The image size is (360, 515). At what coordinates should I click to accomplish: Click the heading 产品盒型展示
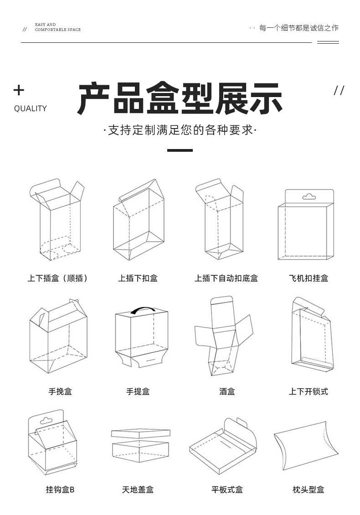[x=180, y=98]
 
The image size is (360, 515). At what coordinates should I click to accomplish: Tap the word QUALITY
[x=30, y=108]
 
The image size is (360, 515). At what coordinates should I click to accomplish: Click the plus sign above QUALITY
[x=19, y=90]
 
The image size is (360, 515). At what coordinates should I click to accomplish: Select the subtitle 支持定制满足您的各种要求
[x=180, y=130]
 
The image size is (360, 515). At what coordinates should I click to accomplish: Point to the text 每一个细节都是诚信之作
[x=299, y=28]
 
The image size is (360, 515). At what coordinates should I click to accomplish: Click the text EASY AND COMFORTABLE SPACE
[x=57, y=27]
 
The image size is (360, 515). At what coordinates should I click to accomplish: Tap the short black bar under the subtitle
[x=180, y=150]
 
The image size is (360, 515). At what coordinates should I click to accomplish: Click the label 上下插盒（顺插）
[x=57, y=278]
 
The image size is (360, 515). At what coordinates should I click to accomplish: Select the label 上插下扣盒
[x=138, y=278]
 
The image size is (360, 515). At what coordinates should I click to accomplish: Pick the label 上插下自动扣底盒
[x=226, y=278]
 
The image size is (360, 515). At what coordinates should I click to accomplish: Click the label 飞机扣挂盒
[x=309, y=278]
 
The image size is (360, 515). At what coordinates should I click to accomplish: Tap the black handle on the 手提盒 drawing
[x=143, y=310]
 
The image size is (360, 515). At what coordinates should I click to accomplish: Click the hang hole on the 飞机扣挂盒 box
[x=309, y=196]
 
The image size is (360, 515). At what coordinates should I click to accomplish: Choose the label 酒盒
[x=226, y=391]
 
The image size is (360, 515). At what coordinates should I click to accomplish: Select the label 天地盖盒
[x=138, y=489]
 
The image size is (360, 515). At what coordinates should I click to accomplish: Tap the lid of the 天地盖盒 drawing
[x=141, y=433]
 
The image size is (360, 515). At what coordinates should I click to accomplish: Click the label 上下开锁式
[x=309, y=391]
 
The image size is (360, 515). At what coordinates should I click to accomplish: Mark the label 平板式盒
[x=227, y=489]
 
